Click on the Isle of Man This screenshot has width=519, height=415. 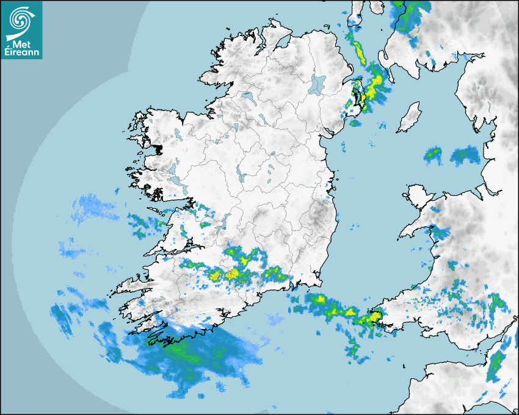point(409,117)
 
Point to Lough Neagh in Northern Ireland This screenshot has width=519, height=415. point(317,84)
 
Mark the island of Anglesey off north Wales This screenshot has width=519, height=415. point(416,197)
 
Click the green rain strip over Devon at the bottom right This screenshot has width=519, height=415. point(496,365)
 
